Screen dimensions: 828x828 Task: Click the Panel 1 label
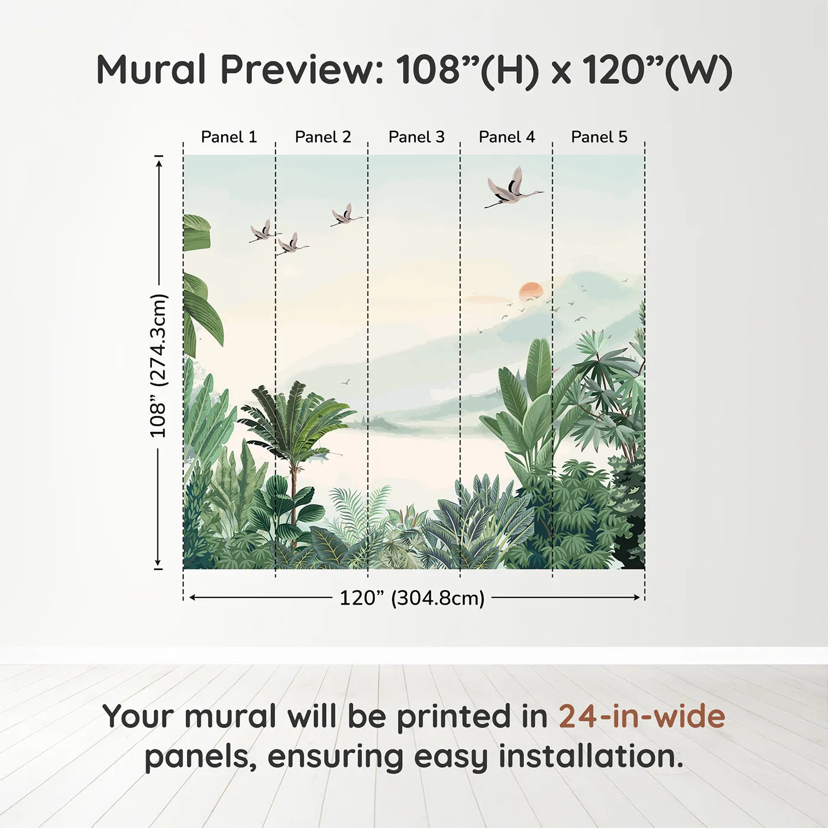[x=229, y=137]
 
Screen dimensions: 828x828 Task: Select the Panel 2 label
[x=323, y=137]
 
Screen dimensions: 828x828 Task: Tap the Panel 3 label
[x=416, y=137]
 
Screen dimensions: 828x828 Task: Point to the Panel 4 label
[x=507, y=137]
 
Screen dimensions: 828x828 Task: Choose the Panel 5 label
[x=599, y=137]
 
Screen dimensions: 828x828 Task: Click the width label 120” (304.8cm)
[x=412, y=598]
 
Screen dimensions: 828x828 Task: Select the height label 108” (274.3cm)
[x=157, y=366]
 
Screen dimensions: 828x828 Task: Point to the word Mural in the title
[x=151, y=70]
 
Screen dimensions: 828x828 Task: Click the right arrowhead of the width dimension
[x=637, y=597]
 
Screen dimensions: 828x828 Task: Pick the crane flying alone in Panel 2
[x=347, y=215]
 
